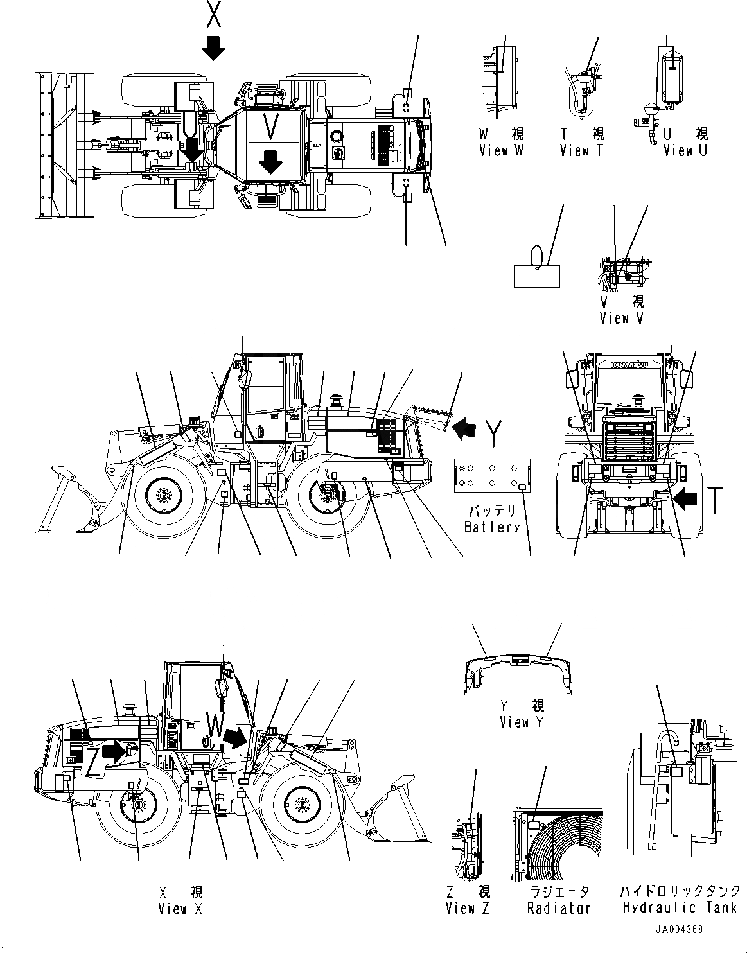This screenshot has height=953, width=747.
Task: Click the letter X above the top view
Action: (x=214, y=14)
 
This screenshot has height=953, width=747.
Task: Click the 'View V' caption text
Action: (x=621, y=317)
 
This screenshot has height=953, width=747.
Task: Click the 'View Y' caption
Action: (x=522, y=722)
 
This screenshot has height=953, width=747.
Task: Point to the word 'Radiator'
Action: (x=559, y=908)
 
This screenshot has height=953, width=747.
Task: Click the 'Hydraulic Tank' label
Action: (x=680, y=907)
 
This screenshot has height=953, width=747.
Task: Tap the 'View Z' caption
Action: (x=468, y=908)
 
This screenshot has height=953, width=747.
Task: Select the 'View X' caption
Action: (x=181, y=909)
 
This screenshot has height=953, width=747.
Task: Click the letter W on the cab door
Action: (x=215, y=726)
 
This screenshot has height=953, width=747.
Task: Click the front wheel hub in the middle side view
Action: (x=161, y=496)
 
